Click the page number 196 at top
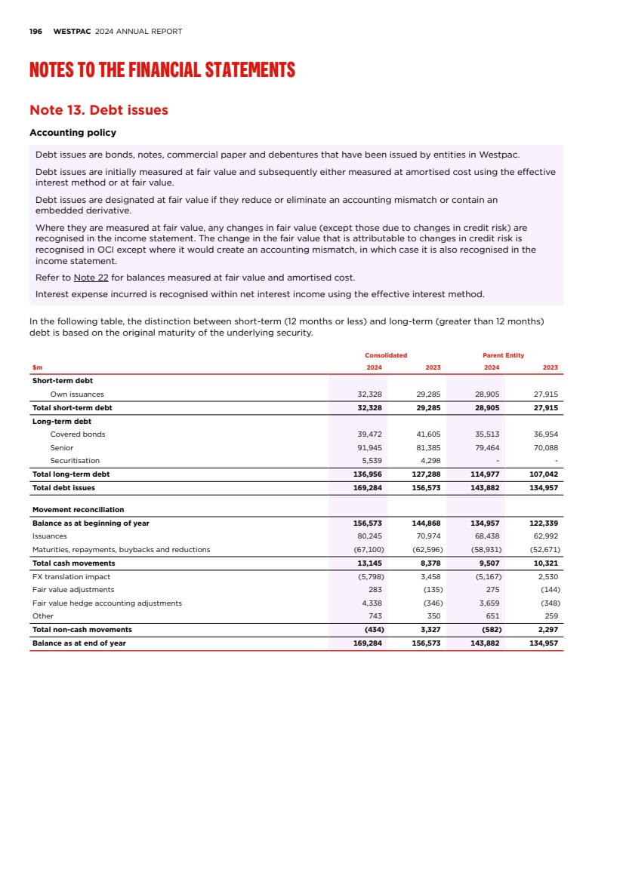coord(35,32)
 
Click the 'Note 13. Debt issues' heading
coord(98,110)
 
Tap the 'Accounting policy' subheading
coord(72,133)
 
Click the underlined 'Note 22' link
coord(91,277)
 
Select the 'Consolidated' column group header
coord(386,355)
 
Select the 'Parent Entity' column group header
coord(503,355)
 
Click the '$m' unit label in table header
coord(37,367)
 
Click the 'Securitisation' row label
coord(75,460)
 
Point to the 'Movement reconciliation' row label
coord(78,510)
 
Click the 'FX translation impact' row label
coord(69,577)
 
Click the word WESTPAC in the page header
coord(72,32)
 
